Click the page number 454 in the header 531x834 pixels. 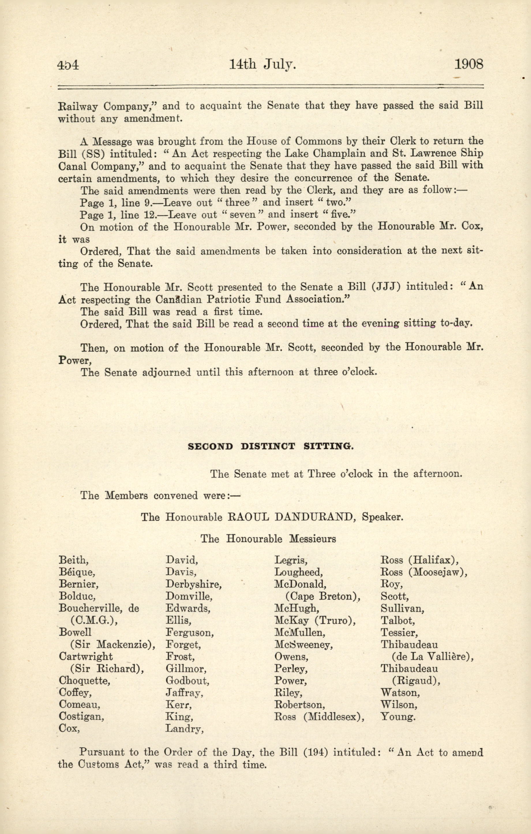[68, 65]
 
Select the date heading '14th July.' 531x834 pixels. [262, 64]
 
